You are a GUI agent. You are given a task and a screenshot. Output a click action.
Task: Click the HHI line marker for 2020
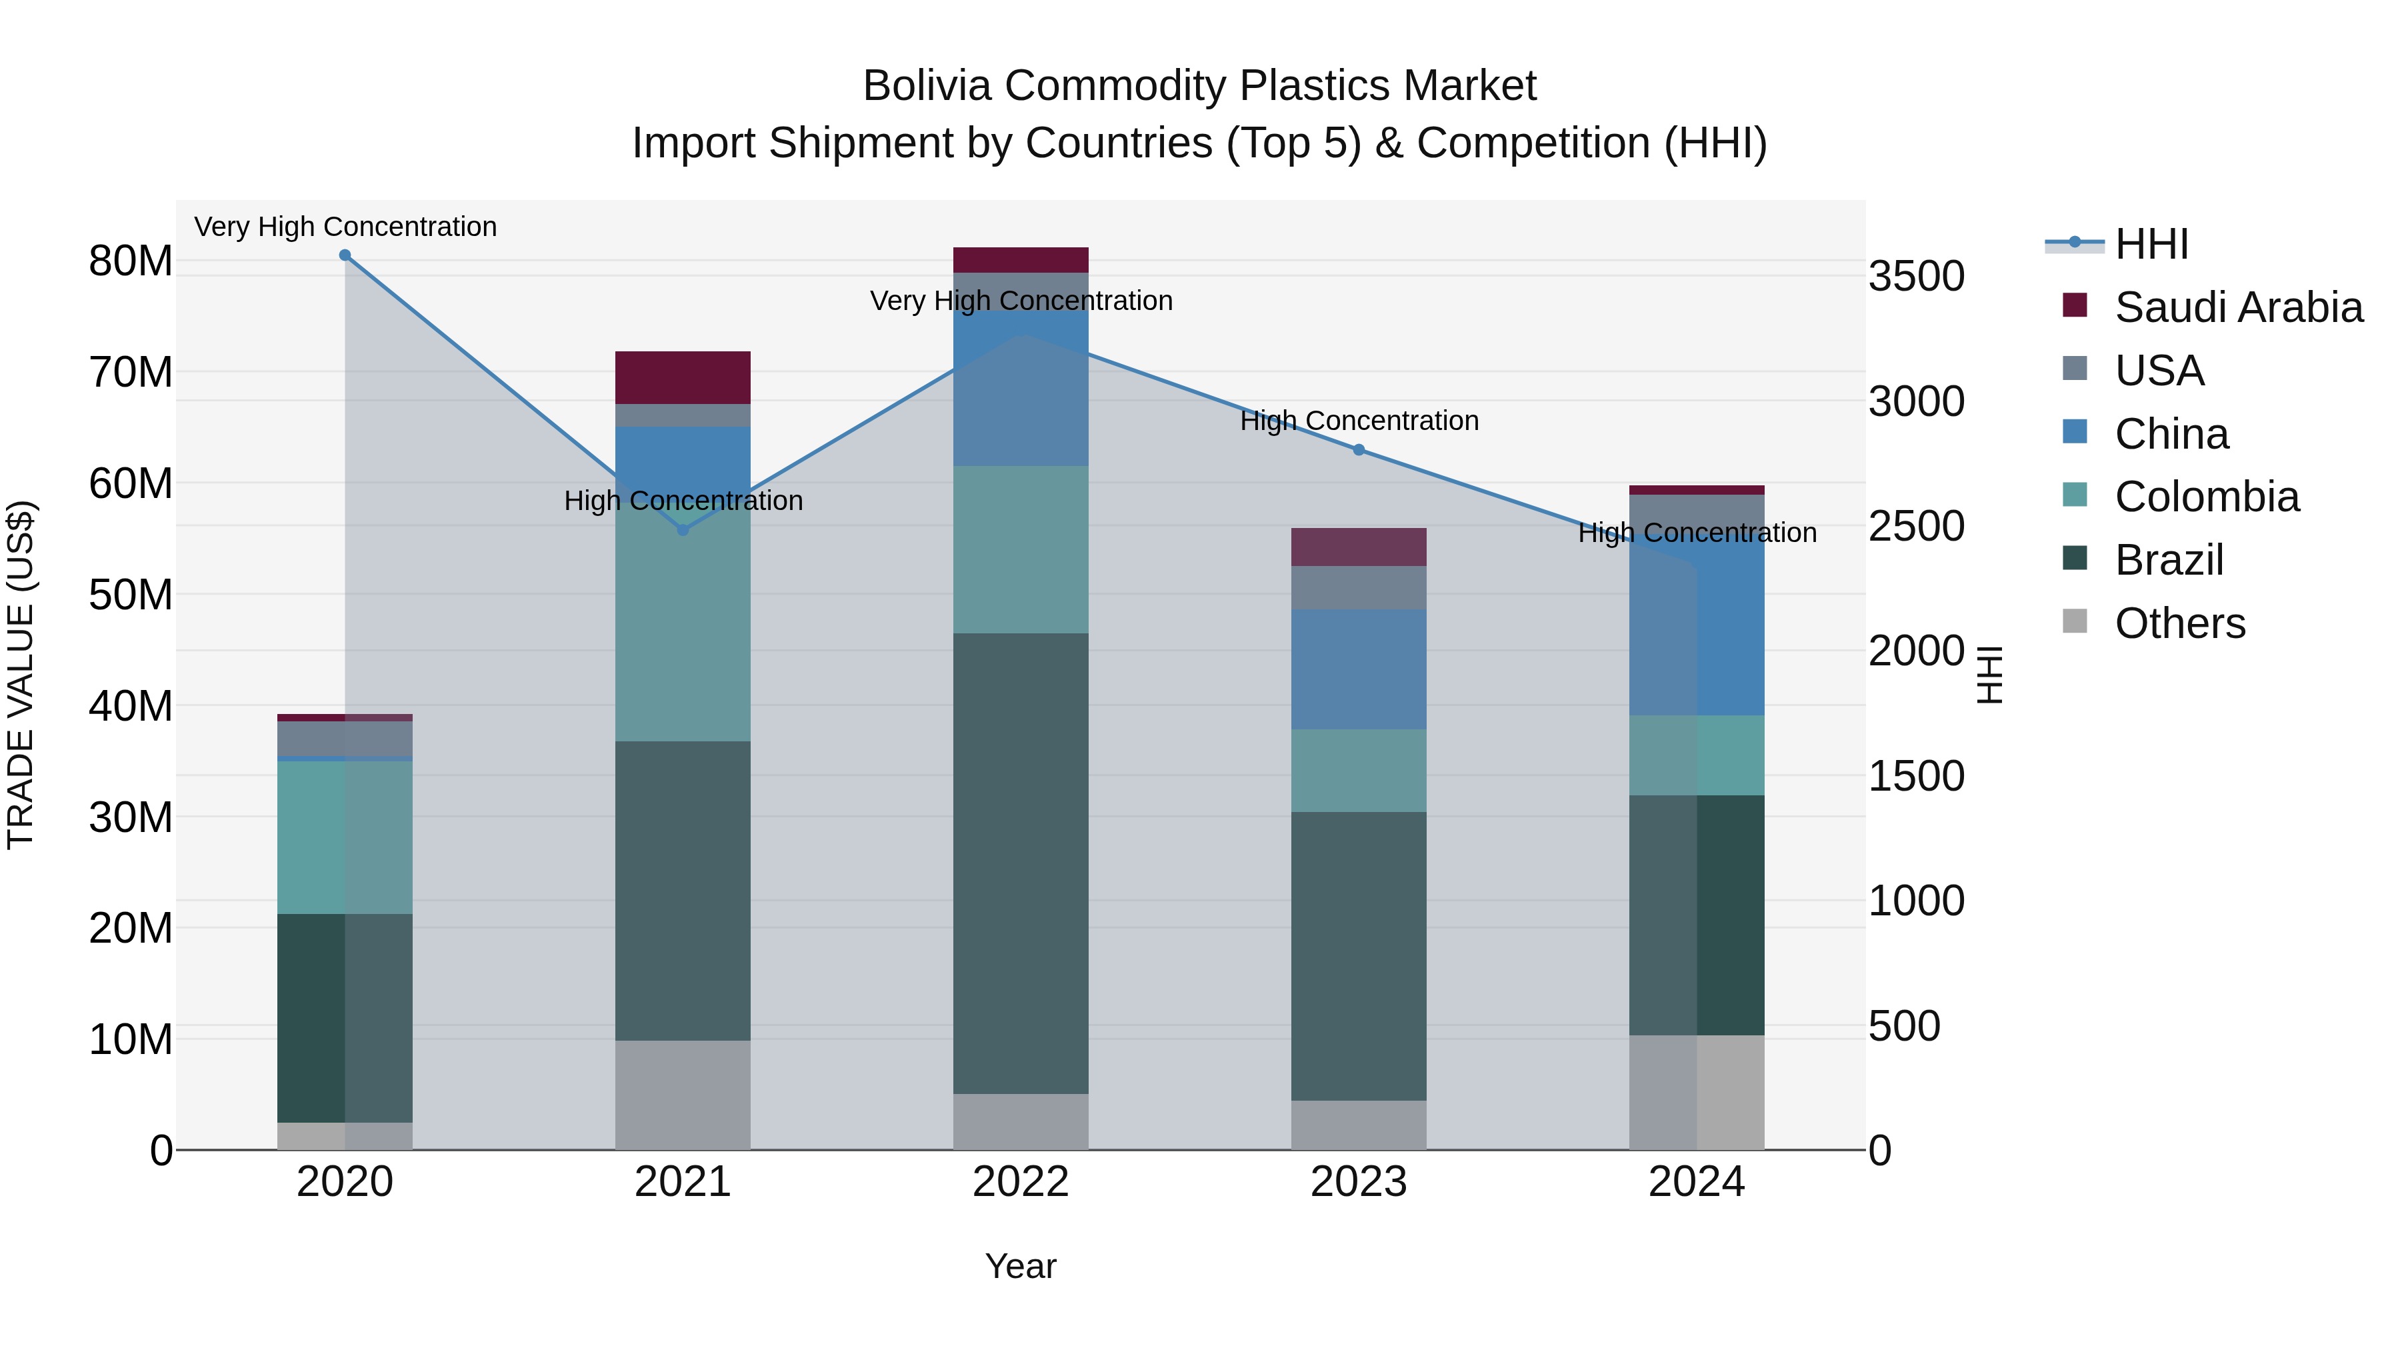[345, 255]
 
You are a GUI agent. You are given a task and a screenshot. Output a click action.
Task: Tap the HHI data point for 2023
[1359, 450]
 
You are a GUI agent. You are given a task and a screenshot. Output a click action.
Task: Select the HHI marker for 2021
[683, 530]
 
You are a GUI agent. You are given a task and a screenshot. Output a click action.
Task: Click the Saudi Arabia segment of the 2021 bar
[683, 377]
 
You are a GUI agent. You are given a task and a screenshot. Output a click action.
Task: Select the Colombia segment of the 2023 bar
[1359, 771]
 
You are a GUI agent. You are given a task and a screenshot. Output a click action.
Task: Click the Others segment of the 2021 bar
[683, 1095]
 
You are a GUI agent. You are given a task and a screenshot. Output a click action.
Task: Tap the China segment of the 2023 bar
[1359, 669]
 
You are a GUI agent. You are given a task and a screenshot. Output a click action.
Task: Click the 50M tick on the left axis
[131, 595]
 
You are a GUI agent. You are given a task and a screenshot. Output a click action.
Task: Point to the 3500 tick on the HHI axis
[1917, 277]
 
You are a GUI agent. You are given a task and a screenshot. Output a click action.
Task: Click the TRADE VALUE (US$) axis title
[21, 675]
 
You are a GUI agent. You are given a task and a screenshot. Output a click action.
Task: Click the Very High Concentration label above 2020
[345, 227]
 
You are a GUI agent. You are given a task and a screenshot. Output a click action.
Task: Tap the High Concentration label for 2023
[1359, 421]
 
